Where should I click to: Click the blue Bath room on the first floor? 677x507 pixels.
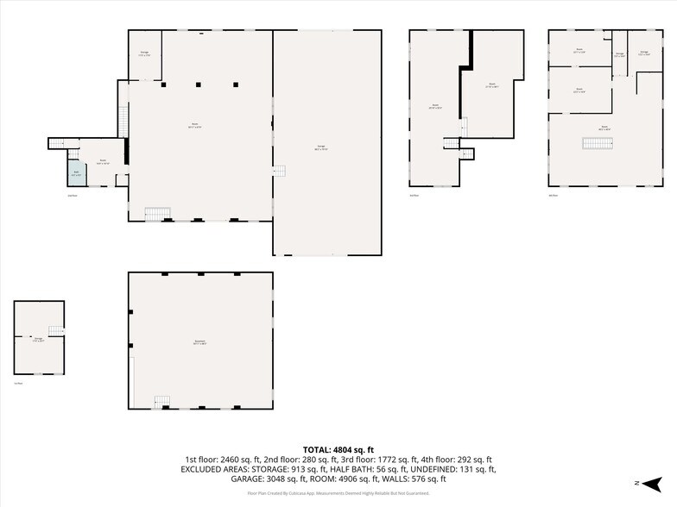click(x=76, y=173)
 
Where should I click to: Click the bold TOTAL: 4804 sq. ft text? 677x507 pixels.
click(x=338, y=450)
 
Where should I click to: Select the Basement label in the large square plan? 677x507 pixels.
click(x=200, y=342)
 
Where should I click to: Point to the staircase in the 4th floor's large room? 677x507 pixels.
click(x=592, y=143)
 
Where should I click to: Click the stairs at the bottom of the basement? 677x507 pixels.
click(x=161, y=401)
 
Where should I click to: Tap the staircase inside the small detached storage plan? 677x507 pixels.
click(x=56, y=331)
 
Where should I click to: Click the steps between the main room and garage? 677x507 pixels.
click(x=279, y=171)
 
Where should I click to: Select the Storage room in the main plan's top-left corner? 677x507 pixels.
click(x=144, y=54)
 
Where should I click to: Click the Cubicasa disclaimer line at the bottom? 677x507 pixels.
click(x=338, y=493)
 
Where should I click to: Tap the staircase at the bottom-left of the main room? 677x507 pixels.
click(x=155, y=213)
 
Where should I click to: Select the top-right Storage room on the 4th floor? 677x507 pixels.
click(x=644, y=53)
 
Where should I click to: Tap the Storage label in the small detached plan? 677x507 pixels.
click(x=37, y=341)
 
